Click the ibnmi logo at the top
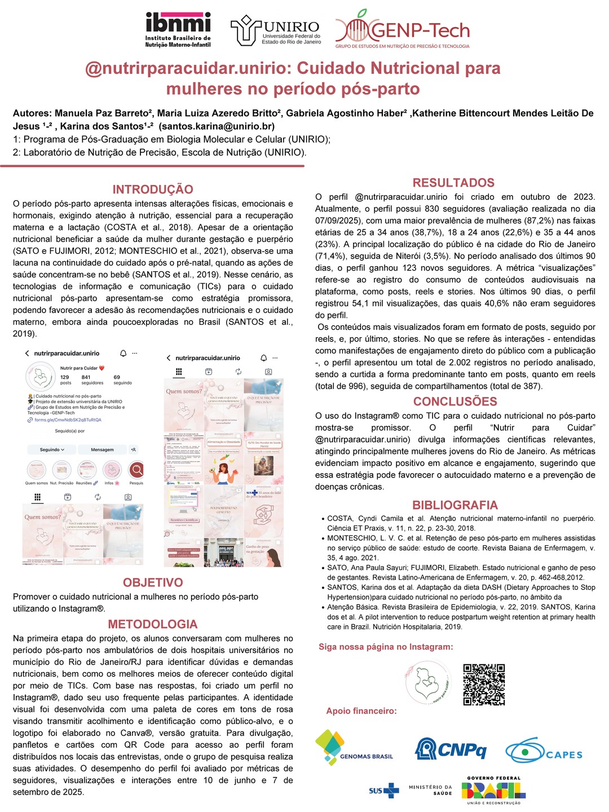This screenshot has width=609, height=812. [x=178, y=29]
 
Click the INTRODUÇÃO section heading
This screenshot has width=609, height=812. [x=153, y=189]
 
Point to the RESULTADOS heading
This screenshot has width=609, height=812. [x=453, y=183]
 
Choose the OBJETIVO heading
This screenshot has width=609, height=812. [x=153, y=582]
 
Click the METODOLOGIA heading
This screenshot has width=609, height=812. [x=153, y=624]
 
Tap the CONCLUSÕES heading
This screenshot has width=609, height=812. [x=455, y=401]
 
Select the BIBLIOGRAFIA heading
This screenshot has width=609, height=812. [x=455, y=505]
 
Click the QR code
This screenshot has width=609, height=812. [x=484, y=685]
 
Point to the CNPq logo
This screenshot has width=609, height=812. [x=451, y=749]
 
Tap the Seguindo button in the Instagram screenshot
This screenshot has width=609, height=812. [x=52, y=449]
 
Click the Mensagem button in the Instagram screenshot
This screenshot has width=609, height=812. [x=102, y=449]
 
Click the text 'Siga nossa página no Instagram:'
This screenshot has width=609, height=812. [x=386, y=647]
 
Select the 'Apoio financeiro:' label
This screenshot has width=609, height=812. [x=361, y=711]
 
